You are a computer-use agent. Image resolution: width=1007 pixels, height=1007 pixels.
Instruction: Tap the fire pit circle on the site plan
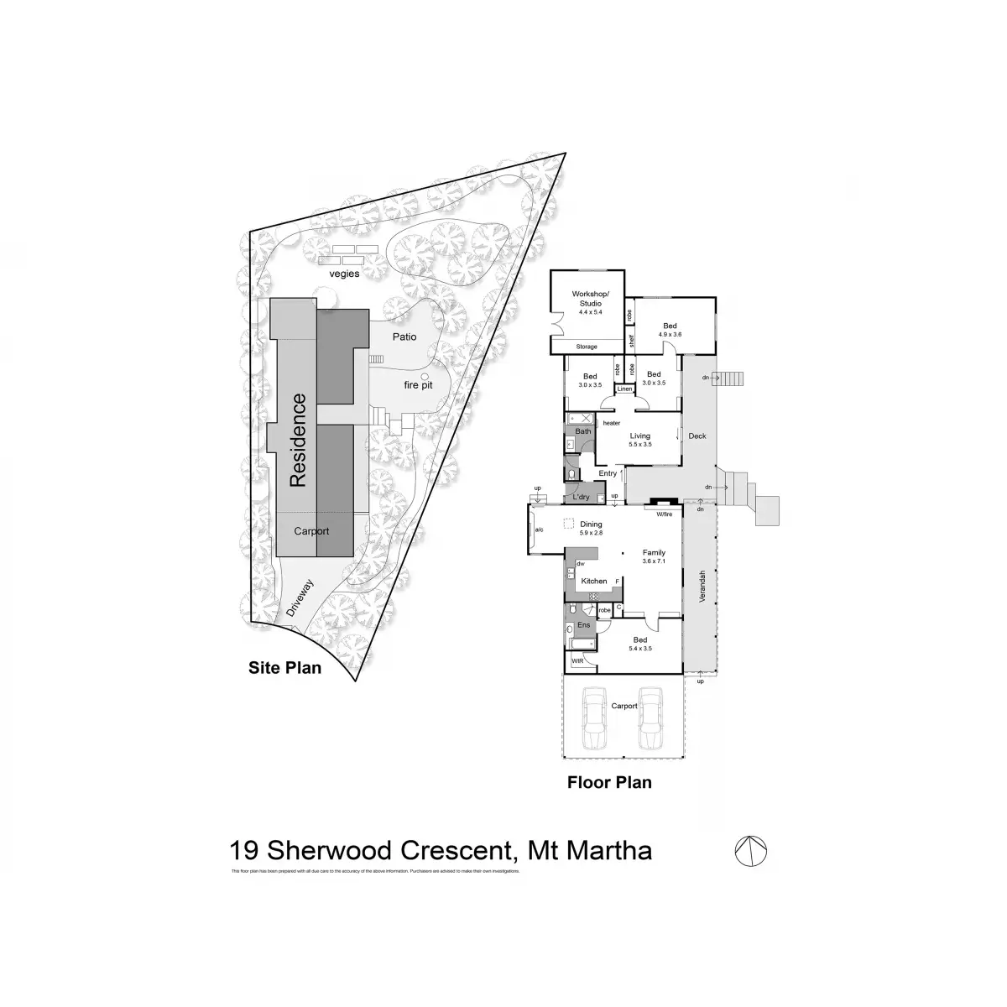pos(425,377)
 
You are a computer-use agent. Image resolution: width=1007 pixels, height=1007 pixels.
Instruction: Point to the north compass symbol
pos(752,852)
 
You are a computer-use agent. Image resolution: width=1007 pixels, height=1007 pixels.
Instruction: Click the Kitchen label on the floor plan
pos(594,581)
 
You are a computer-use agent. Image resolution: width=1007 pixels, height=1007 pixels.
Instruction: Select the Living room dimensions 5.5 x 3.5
pos(640,444)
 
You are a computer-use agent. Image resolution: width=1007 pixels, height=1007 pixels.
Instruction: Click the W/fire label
pos(665,514)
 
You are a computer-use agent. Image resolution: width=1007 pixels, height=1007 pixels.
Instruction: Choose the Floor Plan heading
pos(609,783)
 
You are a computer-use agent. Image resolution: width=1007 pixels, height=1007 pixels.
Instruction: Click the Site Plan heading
pos(284,669)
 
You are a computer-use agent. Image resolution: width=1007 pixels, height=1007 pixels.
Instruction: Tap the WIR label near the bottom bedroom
pos(577,661)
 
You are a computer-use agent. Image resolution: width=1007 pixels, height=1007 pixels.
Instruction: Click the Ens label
pos(584,625)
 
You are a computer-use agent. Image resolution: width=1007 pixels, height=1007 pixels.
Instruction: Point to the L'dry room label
pos(581,498)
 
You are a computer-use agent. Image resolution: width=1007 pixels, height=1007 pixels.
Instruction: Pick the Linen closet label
pos(624,389)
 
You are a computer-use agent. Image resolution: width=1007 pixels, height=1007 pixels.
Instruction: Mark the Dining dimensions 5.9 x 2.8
pos(592,533)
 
